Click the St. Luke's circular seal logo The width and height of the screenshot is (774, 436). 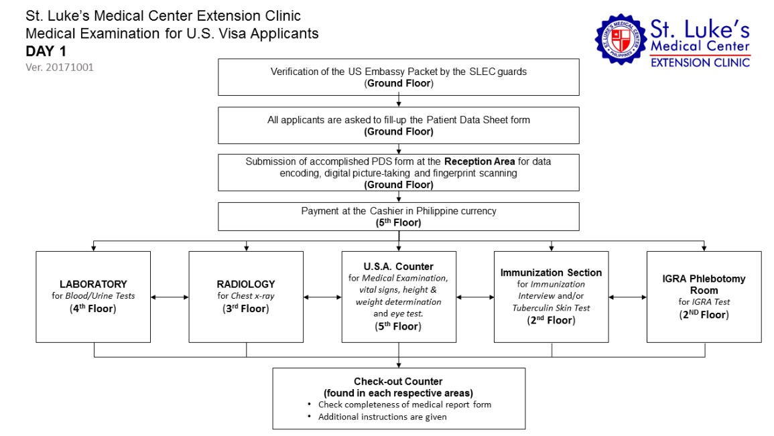click(621, 39)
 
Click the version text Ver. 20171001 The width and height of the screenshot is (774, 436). click(60, 67)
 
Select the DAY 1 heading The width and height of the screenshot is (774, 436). click(46, 51)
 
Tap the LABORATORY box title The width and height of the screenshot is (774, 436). click(93, 284)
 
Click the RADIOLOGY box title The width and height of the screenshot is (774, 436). click(246, 284)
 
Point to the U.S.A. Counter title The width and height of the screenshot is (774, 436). click(398, 267)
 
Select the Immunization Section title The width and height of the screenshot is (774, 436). click(551, 273)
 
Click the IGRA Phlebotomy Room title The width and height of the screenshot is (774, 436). click(704, 284)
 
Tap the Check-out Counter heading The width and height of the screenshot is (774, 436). click(398, 381)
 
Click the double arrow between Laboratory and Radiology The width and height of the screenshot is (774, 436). click(170, 297)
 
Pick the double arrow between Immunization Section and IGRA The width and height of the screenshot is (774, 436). click(627, 297)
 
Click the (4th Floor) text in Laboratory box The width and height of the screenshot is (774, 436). click(92, 309)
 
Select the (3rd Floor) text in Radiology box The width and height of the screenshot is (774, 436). click(246, 309)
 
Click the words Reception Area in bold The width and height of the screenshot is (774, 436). click(479, 161)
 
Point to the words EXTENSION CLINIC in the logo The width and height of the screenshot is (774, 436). click(700, 62)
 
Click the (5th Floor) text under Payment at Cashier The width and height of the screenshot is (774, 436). click(398, 222)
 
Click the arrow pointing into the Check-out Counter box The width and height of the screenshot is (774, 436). click(399, 355)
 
